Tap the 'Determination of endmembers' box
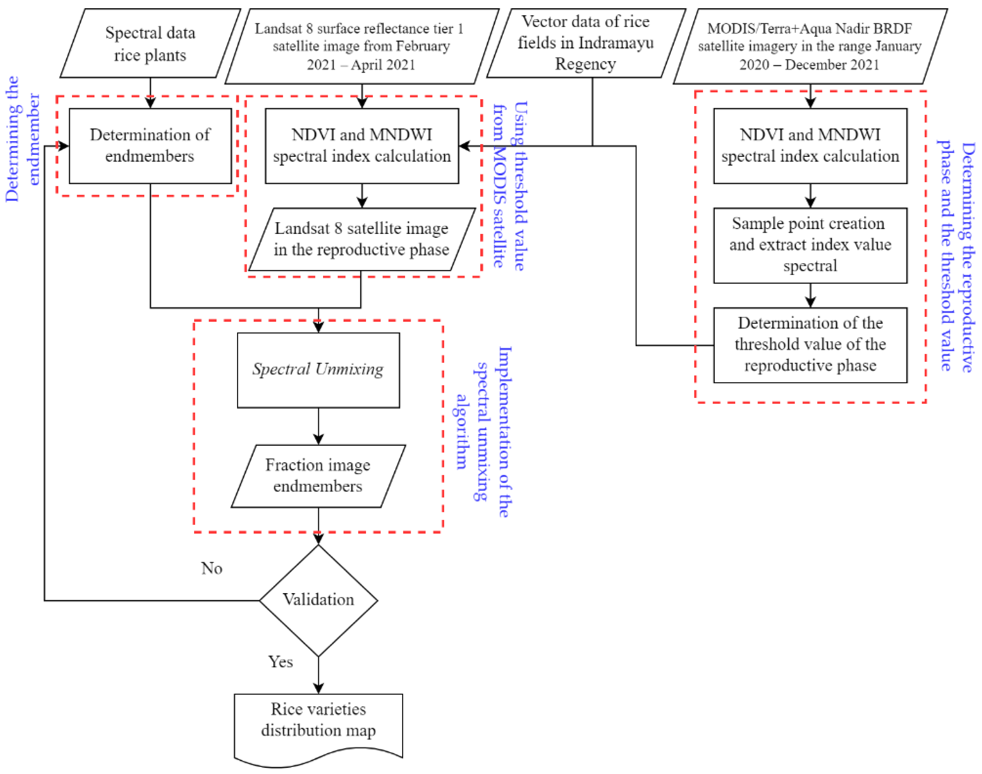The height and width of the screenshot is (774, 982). [x=150, y=145]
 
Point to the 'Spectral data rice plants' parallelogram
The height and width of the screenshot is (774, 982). [x=150, y=43]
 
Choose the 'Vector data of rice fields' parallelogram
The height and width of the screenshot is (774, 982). [x=586, y=43]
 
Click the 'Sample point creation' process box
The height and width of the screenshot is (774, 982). [x=810, y=245]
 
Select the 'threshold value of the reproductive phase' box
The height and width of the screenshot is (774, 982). [x=810, y=345]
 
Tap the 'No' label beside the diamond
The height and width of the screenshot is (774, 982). [x=212, y=568]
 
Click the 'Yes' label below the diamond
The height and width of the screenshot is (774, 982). [x=280, y=662]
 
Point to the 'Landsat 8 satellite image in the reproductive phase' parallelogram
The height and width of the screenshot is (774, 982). [x=362, y=239]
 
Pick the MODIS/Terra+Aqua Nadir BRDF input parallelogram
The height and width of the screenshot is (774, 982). [x=810, y=46]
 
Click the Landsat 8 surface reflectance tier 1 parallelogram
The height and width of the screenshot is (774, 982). [x=362, y=46]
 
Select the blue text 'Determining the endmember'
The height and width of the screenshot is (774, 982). [x=23, y=139]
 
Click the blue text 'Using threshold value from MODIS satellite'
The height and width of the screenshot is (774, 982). [x=510, y=186]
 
